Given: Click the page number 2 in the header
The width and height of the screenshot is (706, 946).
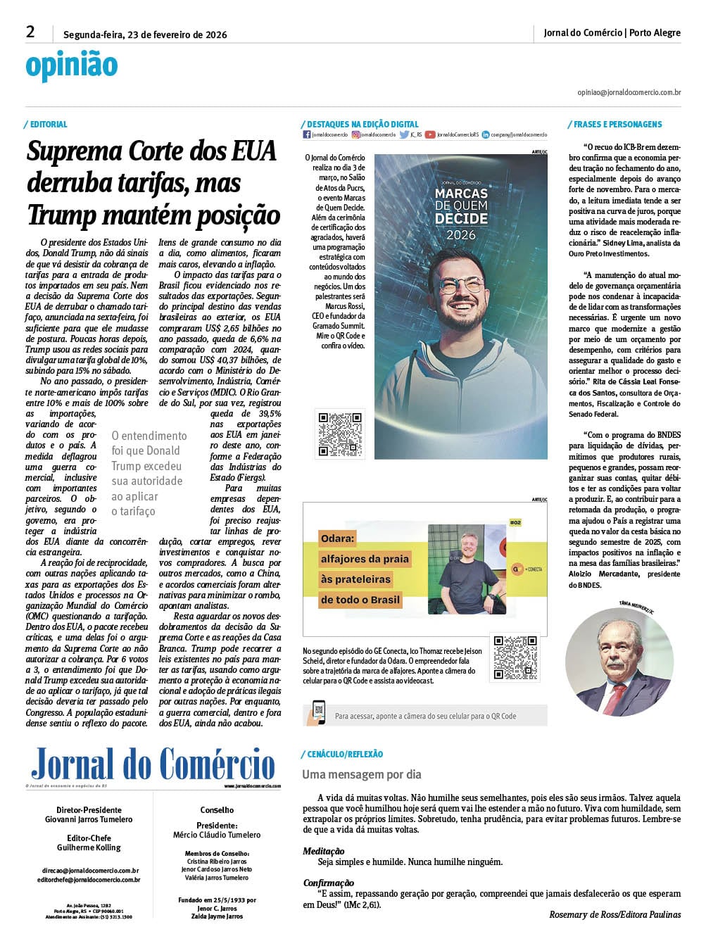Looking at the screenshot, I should pyautogui.click(x=30, y=32).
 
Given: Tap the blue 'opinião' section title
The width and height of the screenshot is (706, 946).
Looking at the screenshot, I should pyautogui.click(x=72, y=65).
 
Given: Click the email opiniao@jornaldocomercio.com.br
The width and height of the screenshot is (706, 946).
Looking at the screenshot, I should pyautogui.click(x=629, y=92).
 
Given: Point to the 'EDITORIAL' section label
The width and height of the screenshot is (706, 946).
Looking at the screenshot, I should pyautogui.click(x=49, y=125).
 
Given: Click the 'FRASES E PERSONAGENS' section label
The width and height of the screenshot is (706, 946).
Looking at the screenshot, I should pyautogui.click(x=617, y=125).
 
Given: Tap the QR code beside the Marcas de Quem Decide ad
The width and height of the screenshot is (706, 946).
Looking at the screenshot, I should pyautogui.click(x=340, y=434).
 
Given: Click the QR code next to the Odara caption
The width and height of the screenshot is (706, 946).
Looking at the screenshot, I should pyautogui.click(x=515, y=658).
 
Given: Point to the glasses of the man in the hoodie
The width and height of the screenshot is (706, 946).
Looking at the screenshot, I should pyautogui.click(x=461, y=285).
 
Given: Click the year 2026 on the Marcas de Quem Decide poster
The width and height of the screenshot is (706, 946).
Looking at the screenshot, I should pyautogui.click(x=461, y=235).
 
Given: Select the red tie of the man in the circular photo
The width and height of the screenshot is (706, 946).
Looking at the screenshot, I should pyautogui.click(x=614, y=697).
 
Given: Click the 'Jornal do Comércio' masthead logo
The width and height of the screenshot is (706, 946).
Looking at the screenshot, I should pyautogui.click(x=153, y=764).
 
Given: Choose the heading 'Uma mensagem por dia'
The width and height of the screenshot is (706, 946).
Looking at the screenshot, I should pyautogui.click(x=362, y=774).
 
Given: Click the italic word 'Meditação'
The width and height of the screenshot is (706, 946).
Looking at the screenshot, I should pyautogui.click(x=324, y=851).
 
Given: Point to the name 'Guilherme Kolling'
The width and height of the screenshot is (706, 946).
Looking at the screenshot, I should pyautogui.click(x=89, y=847).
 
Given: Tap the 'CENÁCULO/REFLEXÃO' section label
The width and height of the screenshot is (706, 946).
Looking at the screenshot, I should pyautogui.click(x=345, y=754).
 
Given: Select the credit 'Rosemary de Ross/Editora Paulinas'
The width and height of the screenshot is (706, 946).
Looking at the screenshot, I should pyautogui.click(x=614, y=914).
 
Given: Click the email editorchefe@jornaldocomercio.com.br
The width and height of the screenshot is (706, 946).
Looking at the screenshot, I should pyautogui.click(x=89, y=880).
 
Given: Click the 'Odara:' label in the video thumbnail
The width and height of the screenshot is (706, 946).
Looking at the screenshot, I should pyautogui.click(x=337, y=538).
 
